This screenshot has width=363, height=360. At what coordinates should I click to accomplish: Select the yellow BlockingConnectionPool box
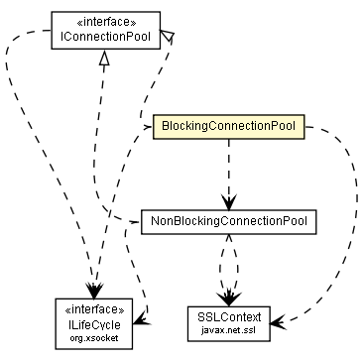[227, 128]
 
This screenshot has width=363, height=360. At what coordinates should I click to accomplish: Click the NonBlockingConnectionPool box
[228, 220]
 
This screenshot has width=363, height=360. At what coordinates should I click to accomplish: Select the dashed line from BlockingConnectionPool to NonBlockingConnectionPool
[228, 169]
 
